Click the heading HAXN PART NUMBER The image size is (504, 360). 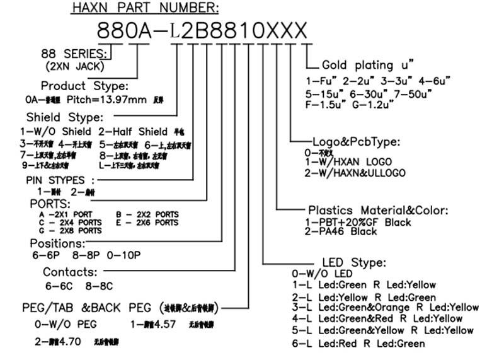pos(145,8)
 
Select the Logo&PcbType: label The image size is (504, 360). pos(356,141)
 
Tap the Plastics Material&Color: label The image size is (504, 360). pos(377,210)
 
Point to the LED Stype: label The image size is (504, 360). pos(354,262)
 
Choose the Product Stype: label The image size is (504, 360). pos(84,86)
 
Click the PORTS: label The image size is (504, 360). pos(50,204)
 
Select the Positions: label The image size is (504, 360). pos(57,243)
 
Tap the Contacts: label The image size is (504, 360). pos(70,272)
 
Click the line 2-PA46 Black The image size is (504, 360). pos(341,231)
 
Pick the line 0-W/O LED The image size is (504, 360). pos(322,274)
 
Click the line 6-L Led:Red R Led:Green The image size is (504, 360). pos(358,344)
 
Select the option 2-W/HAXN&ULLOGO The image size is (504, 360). pos(355,173)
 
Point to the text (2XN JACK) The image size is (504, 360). pos(75,66)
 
